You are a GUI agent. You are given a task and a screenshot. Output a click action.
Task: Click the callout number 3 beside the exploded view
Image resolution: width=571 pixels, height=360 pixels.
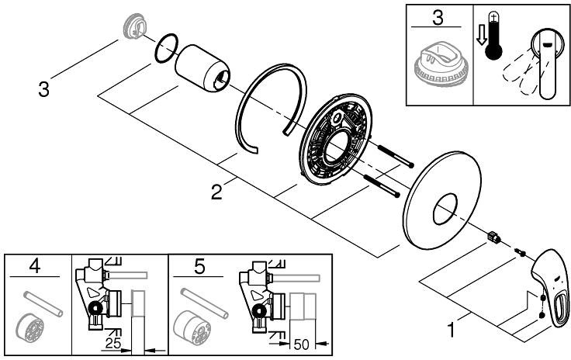point(43,89)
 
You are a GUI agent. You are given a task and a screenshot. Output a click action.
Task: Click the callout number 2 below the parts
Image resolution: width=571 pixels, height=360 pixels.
point(216,192)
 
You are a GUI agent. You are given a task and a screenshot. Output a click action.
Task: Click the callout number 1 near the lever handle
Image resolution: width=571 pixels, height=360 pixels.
point(451,331)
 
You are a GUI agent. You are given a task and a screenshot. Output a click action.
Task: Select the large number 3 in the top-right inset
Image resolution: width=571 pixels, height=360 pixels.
point(438,18)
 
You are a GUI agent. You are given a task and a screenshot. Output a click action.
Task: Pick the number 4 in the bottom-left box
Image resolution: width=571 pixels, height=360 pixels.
point(35,266)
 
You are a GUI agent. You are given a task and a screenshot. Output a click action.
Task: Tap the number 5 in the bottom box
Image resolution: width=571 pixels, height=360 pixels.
point(199,266)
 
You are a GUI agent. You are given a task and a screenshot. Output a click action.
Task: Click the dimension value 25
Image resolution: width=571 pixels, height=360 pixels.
point(113,342)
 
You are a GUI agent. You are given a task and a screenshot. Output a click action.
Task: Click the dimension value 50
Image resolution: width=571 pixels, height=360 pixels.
point(301,344)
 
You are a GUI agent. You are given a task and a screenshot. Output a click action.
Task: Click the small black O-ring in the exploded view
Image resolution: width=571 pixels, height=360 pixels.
point(167,48)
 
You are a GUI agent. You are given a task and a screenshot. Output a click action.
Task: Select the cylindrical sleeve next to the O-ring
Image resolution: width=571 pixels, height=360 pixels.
point(202,69)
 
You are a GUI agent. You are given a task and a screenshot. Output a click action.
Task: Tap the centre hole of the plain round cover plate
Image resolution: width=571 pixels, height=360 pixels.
point(445,209)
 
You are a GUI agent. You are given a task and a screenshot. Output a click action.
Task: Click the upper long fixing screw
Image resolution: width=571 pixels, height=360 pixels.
point(396,157)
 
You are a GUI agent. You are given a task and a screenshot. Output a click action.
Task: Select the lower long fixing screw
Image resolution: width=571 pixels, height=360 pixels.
point(382,186)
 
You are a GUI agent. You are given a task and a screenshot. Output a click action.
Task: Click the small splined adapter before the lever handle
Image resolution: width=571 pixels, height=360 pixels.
point(493,237)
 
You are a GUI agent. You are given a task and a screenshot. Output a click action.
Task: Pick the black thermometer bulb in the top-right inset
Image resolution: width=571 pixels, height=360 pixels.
point(493,51)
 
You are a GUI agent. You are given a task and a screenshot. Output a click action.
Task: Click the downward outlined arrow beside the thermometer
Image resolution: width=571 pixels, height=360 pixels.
point(482,37)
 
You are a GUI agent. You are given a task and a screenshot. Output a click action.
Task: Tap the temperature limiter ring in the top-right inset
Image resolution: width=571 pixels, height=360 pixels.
point(441,65)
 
